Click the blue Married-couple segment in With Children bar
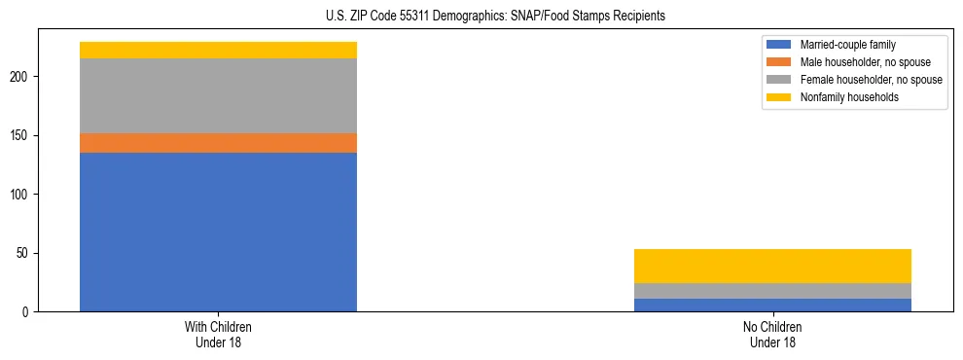tap(218, 232)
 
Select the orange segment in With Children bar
tap(218, 143)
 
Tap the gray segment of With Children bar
tap(218, 95)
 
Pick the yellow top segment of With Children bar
tap(218, 50)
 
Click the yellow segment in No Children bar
tap(772, 266)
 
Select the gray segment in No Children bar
tap(772, 290)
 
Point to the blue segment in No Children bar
tap(772, 305)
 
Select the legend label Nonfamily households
tap(842, 97)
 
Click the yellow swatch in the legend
tap(779, 97)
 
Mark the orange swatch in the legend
tap(779, 62)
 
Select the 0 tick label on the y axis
tap(29, 312)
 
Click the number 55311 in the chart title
tap(413, 17)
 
